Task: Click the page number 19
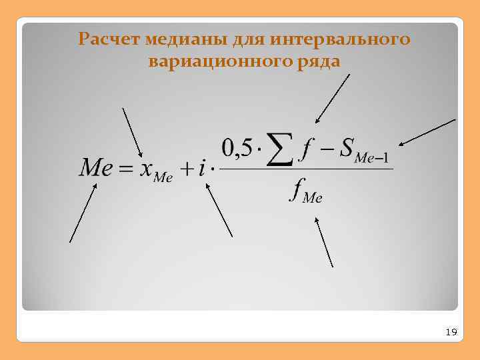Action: pyautogui.click(x=451, y=331)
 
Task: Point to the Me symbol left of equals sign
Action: pyautogui.click(x=95, y=167)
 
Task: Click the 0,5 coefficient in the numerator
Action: pyautogui.click(x=236, y=148)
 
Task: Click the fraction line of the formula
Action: pyautogui.click(x=306, y=169)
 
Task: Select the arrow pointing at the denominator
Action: pyautogui.click(x=323, y=243)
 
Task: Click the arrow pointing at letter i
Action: pyautogui.click(x=219, y=210)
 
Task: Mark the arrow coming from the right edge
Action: pyautogui.click(x=427, y=132)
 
